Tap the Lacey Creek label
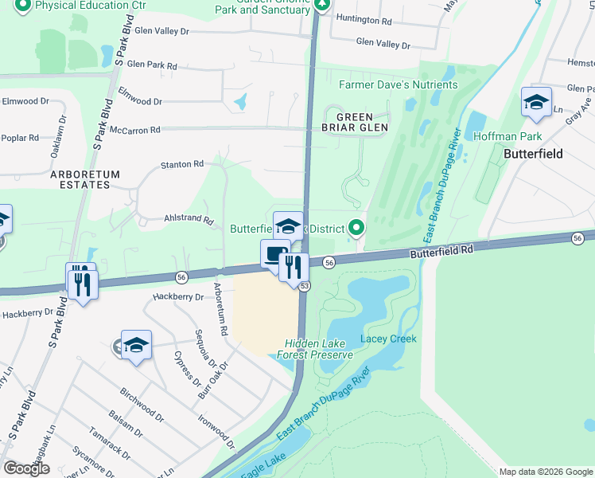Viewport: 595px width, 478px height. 389,339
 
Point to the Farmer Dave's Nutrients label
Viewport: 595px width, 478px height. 399,84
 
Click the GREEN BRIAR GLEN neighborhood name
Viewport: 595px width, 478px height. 355,121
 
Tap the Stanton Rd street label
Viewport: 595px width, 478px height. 182,164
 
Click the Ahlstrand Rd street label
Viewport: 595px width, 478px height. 189,220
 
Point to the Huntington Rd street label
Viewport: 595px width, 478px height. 364,18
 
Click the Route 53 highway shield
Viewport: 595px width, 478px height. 304,285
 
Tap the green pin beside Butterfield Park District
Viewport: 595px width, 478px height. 356,229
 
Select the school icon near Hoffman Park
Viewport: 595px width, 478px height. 536,103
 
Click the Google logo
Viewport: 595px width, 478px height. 26,468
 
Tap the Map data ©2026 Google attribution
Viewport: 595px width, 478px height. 545,472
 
